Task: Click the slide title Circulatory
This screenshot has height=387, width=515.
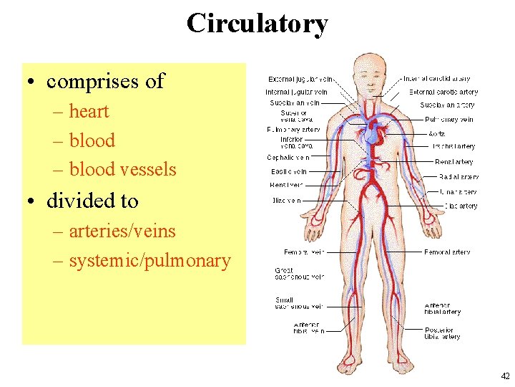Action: tap(257, 23)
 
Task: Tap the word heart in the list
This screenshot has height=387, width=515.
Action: tap(89, 112)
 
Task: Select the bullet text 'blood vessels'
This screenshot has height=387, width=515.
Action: tap(122, 169)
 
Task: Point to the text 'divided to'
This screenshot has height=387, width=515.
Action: tap(92, 201)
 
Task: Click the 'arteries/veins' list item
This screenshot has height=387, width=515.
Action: tap(122, 231)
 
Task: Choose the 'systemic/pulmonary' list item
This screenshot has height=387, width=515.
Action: tap(149, 260)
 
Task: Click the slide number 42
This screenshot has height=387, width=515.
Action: tap(505, 376)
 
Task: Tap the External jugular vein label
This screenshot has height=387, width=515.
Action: tap(300, 79)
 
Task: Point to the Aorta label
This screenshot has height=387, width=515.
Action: tap(437, 133)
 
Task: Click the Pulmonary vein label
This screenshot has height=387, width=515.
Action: tap(448, 120)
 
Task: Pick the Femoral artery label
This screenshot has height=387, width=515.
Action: tap(447, 252)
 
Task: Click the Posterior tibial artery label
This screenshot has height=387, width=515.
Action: tap(442, 333)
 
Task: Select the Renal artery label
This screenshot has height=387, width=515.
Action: tap(453, 162)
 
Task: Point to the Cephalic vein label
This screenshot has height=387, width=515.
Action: tap(288, 157)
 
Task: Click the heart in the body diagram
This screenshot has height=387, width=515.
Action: tap(373, 133)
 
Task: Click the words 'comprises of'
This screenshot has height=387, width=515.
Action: tap(105, 82)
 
